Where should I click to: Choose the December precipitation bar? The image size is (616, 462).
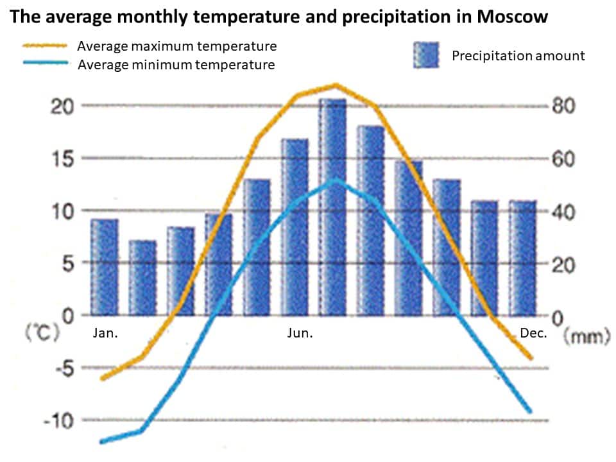[523, 258]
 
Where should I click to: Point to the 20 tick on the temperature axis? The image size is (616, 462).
[62, 106]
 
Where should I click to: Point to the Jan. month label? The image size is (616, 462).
[105, 334]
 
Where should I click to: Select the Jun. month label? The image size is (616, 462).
[300, 334]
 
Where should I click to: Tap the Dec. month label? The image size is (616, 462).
[533, 334]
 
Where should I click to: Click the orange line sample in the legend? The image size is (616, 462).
[45, 46]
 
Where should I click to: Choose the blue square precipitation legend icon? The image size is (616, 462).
[425, 55]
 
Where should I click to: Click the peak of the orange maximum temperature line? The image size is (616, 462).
[335, 85]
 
